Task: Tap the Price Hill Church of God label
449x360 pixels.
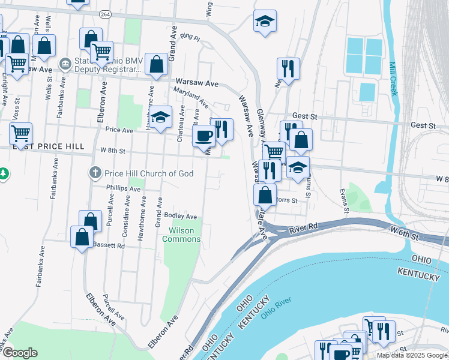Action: point(149,173)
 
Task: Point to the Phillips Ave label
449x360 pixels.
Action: point(122,188)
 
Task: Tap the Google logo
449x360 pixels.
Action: point(20,353)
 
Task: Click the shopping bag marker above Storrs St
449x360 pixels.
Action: point(265,194)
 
